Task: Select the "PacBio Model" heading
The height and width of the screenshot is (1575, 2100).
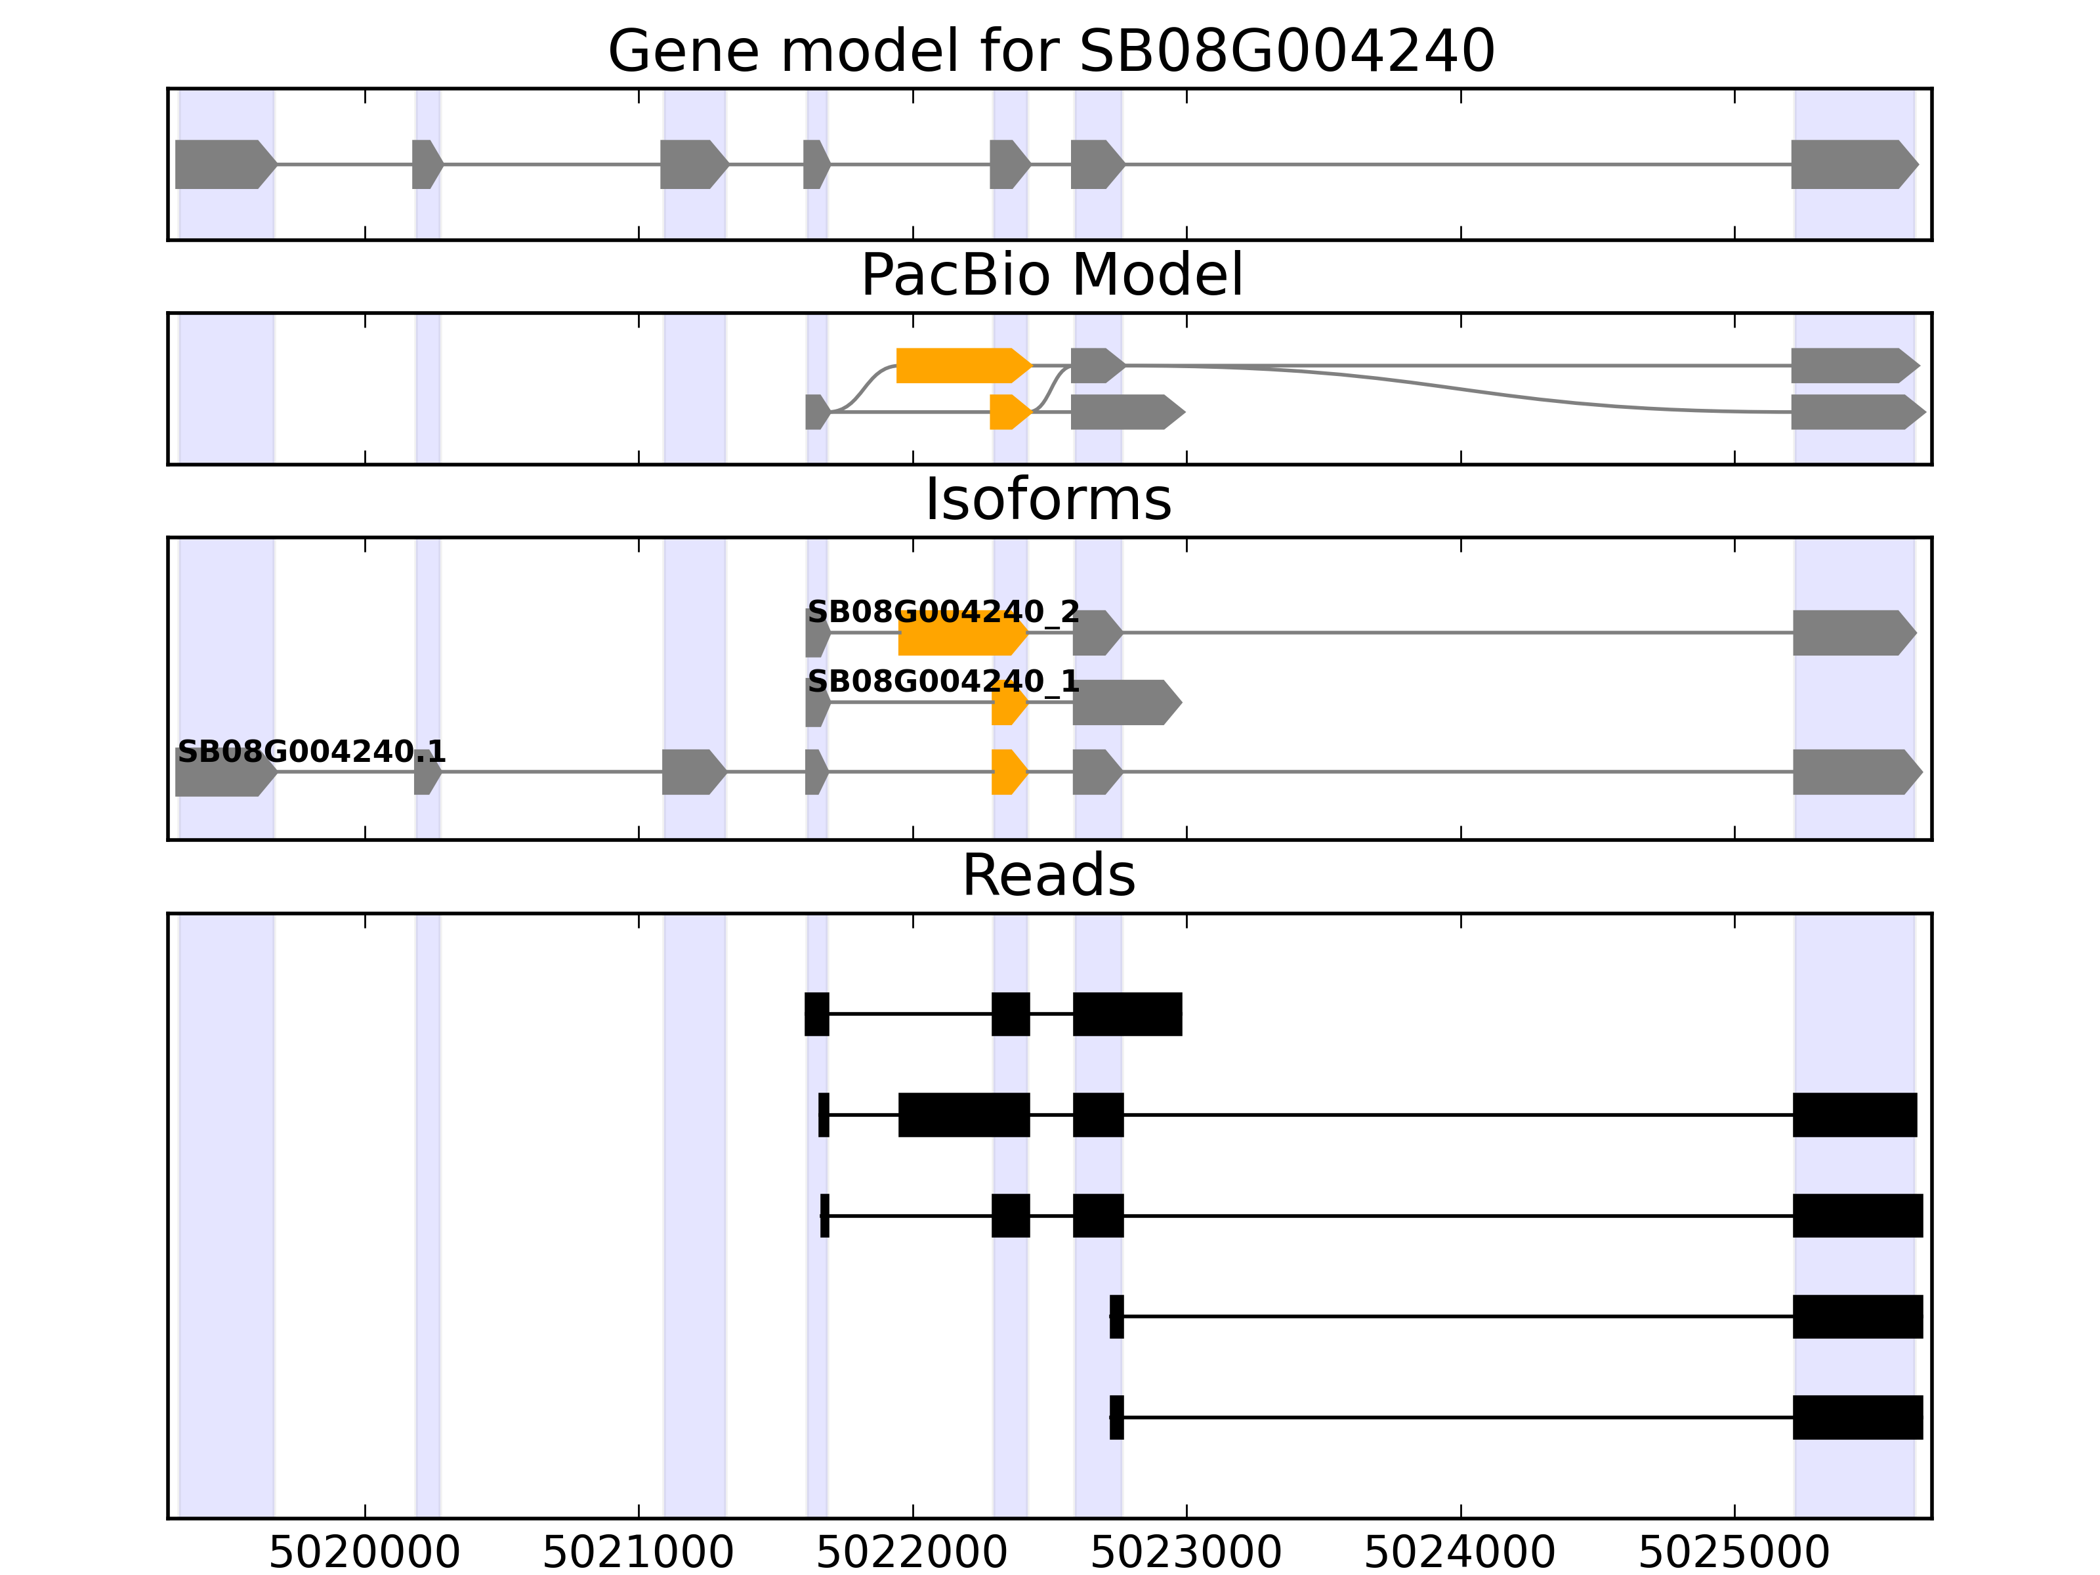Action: pos(1051,276)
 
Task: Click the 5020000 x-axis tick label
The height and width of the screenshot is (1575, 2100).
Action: pos(365,1552)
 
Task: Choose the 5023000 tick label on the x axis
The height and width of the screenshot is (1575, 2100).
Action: pos(1186,1552)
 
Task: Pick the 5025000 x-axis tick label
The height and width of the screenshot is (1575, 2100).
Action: pos(1734,1552)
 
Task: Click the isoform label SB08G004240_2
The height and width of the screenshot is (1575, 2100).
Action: pos(943,612)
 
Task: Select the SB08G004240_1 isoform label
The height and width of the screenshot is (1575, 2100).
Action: pos(943,682)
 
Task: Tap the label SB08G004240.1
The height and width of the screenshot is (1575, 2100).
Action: pos(312,752)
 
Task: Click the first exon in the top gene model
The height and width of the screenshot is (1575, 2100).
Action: pos(224,164)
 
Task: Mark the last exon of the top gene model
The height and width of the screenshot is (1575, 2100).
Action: pos(1852,164)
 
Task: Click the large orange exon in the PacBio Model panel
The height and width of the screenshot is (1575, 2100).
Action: pos(961,366)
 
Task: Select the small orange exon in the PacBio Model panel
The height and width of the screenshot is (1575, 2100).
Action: pos(1008,412)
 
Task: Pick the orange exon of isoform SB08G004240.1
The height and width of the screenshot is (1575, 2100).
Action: pos(1008,772)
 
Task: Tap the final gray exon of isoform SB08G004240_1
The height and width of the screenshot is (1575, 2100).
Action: pos(1125,703)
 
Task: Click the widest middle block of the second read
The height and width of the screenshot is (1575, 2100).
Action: pos(963,1114)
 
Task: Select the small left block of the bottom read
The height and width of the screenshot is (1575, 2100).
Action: pos(1116,1417)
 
